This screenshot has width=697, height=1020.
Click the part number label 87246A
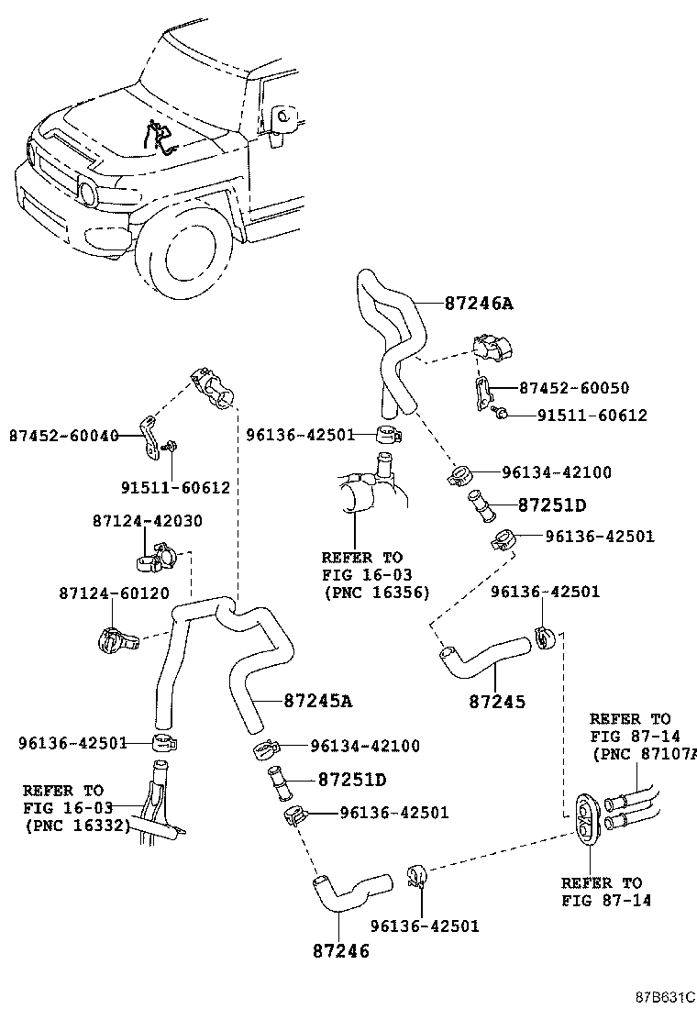pos(479,303)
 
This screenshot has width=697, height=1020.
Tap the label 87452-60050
pos(574,388)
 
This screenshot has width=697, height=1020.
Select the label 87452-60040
pos(63,436)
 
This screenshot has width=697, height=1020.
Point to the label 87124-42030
pos(147,521)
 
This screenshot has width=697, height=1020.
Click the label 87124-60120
pos(115,593)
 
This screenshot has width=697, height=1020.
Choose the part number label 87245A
pos(318,701)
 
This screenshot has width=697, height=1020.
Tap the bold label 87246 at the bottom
pos(340,951)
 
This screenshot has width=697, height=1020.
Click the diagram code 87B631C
pos(665,997)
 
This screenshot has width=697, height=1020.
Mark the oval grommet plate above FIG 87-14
pos(587,816)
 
